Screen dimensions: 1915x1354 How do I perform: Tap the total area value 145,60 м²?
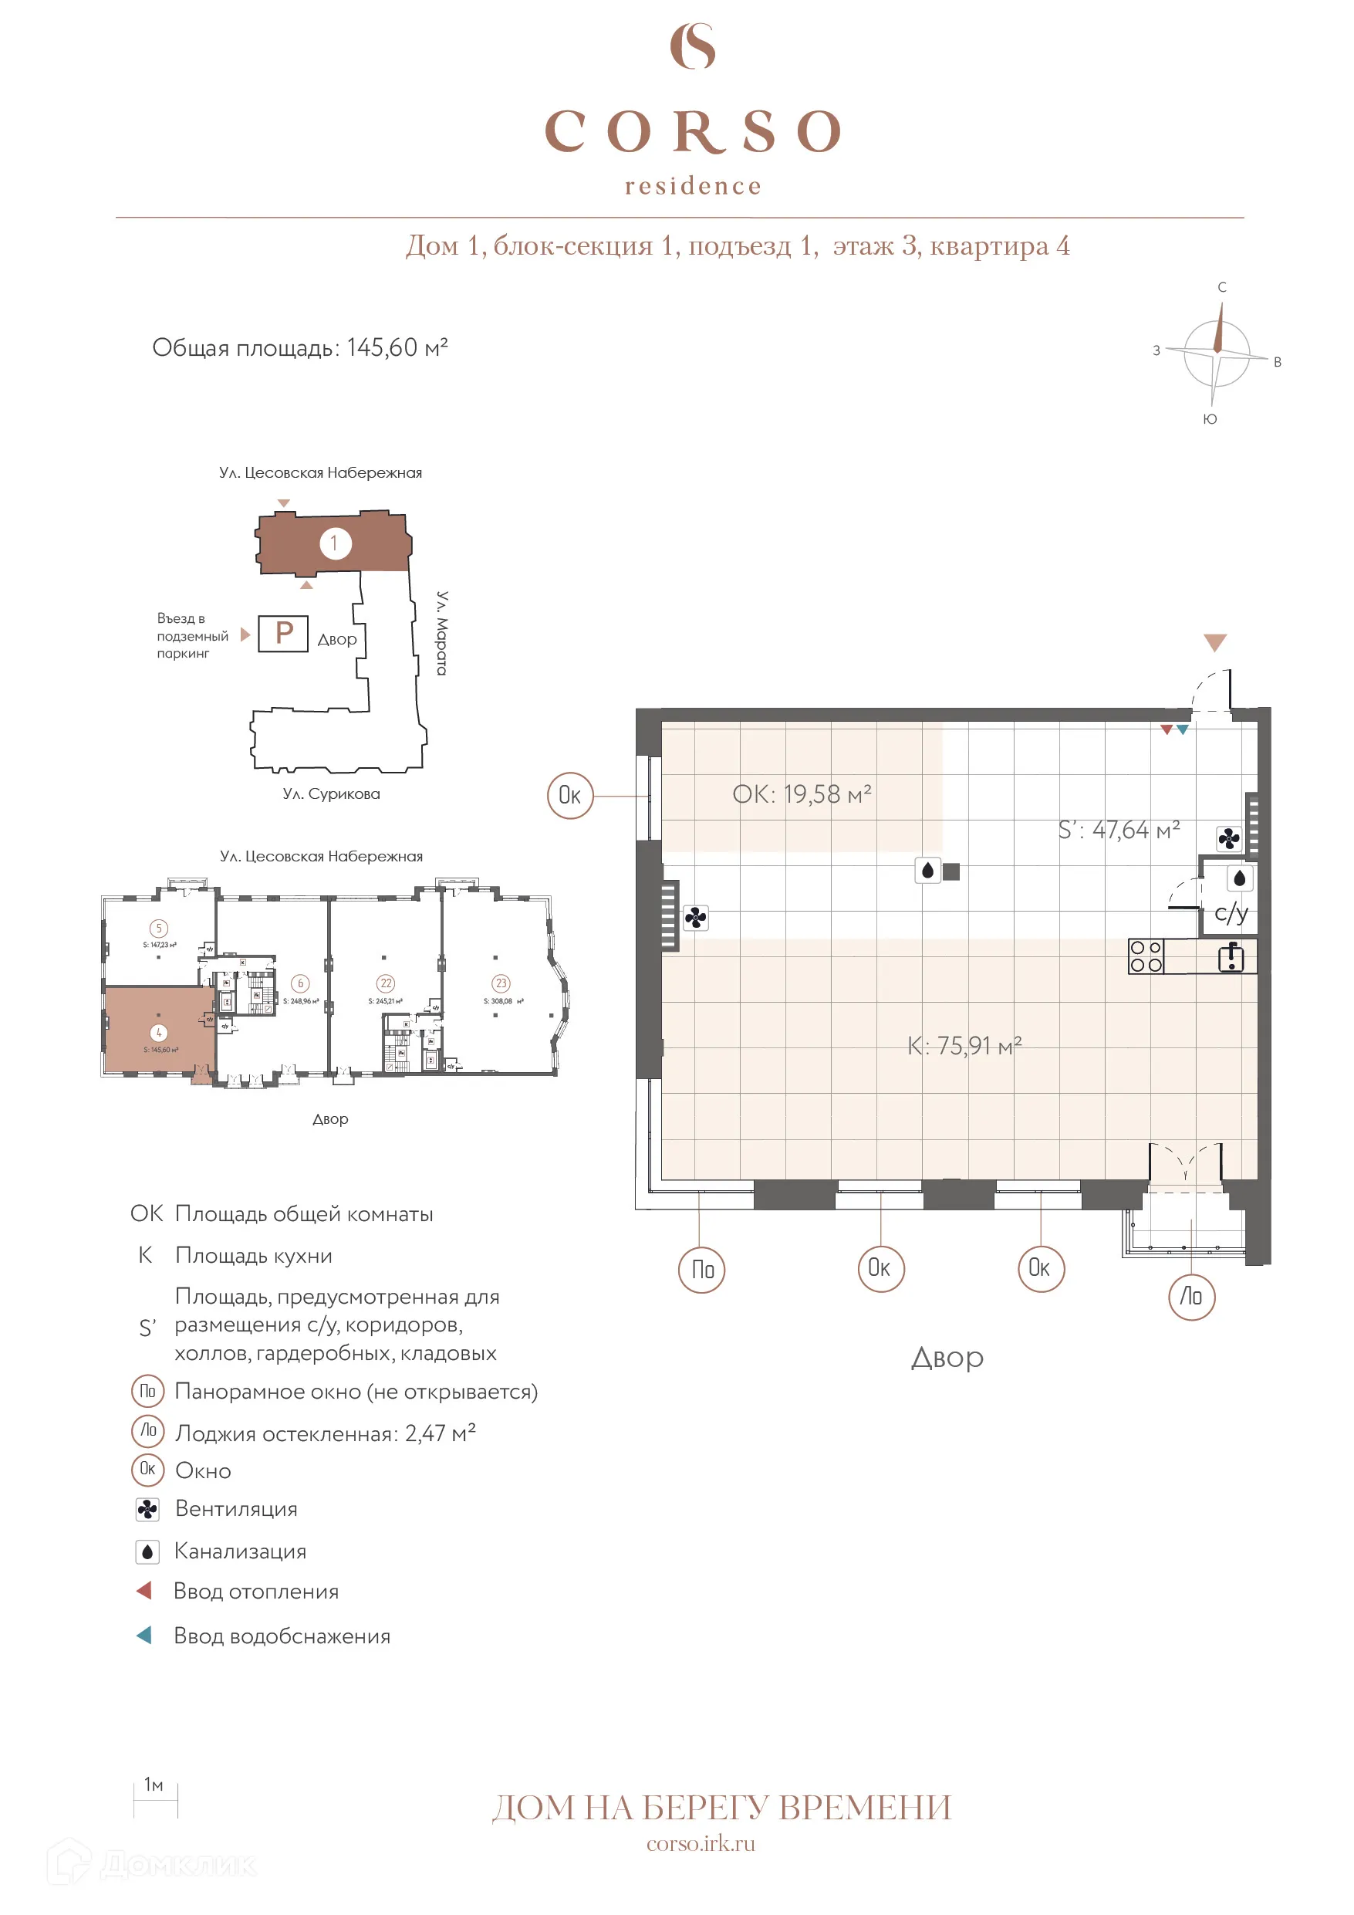click(397, 348)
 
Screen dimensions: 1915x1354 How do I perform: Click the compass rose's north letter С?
click(1221, 287)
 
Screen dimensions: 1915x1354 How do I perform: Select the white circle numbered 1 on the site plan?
click(335, 544)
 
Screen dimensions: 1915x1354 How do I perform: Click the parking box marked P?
click(283, 633)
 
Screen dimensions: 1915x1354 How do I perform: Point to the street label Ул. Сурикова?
click(331, 794)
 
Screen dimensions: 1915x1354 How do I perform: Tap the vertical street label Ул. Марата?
click(443, 633)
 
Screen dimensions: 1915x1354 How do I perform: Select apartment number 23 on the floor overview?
click(500, 983)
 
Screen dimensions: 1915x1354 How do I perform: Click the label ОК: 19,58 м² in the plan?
click(802, 794)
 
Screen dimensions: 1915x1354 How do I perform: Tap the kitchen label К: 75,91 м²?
click(964, 1046)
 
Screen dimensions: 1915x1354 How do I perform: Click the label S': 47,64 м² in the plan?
click(1118, 830)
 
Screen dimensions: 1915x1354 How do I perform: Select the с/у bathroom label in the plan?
click(1231, 912)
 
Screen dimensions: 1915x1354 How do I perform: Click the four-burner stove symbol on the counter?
click(1146, 956)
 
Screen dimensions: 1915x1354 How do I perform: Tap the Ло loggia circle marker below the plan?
click(1191, 1297)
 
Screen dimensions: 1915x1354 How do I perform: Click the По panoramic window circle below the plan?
click(702, 1270)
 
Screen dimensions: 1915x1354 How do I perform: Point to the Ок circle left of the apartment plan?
click(569, 796)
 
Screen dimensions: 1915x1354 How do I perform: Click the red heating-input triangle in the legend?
click(144, 1591)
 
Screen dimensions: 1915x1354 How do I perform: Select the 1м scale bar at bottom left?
click(155, 1800)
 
